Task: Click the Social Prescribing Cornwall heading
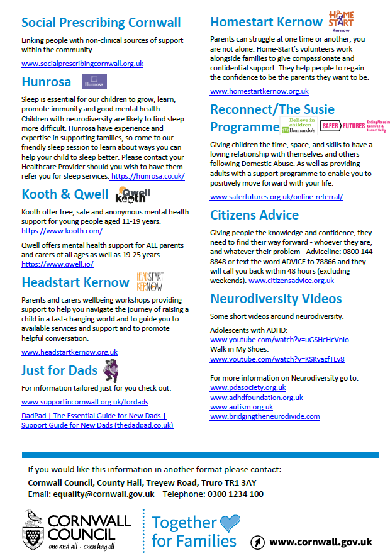[101, 23]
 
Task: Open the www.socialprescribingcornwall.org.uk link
[82, 64]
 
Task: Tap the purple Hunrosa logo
[94, 81]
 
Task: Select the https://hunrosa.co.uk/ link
[148, 177]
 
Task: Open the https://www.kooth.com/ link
[53, 231]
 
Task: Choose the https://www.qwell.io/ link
[53, 264]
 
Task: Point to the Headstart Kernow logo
[150, 281]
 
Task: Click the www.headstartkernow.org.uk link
[69, 352]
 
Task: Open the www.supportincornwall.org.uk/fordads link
[85, 401]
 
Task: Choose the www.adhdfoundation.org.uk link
[256, 398]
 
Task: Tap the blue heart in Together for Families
[230, 522]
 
